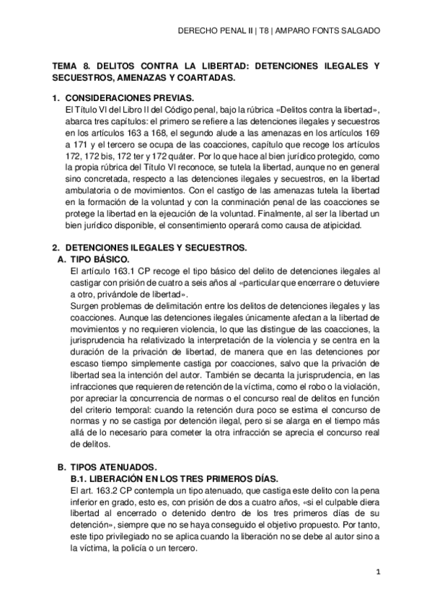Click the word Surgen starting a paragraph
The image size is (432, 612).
78,307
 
